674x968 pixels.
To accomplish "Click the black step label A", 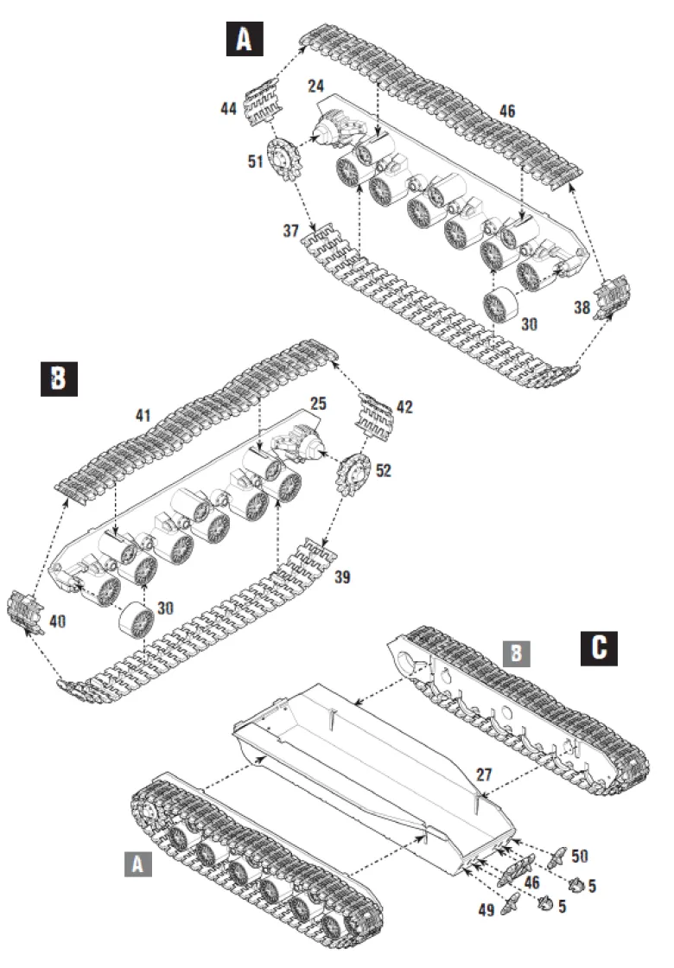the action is [x=245, y=38].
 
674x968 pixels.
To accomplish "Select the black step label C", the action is [x=599, y=647].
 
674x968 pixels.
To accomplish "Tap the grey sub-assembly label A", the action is [x=137, y=863].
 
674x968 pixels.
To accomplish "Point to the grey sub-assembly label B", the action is [x=517, y=653].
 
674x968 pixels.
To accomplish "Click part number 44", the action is [x=228, y=109].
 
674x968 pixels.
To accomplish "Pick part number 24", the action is [x=316, y=86].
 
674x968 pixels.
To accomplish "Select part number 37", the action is [x=290, y=231].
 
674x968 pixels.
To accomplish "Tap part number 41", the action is [x=143, y=416].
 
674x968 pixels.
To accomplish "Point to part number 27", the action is [x=485, y=774].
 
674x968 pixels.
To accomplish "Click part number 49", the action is [x=486, y=910].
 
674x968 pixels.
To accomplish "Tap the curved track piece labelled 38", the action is [x=612, y=298].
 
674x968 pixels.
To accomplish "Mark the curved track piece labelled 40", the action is [x=25, y=613].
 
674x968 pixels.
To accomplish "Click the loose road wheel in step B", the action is [x=137, y=620].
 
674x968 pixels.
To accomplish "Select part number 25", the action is [x=318, y=404].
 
